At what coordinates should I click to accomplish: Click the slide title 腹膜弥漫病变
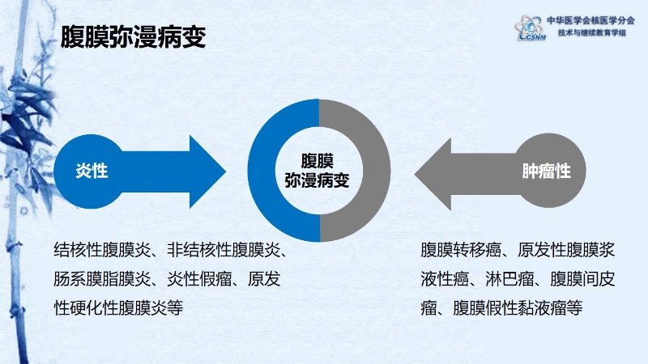(x=133, y=37)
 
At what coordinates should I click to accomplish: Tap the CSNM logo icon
(x=531, y=28)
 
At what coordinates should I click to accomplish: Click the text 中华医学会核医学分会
(x=591, y=20)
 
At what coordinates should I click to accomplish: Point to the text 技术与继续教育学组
(x=592, y=32)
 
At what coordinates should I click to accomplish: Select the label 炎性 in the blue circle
(x=92, y=171)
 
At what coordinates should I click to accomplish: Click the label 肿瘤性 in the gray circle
(x=546, y=171)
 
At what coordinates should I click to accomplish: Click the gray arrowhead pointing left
(x=433, y=174)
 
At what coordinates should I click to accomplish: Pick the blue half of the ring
(x=262, y=171)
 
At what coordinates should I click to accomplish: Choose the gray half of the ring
(x=377, y=171)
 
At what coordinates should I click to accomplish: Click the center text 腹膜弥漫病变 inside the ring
(x=317, y=171)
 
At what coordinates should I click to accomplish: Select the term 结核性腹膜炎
(x=102, y=250)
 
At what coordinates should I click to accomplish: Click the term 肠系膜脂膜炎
(x=102, y=279)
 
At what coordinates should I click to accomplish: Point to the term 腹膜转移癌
(x=461, y=250)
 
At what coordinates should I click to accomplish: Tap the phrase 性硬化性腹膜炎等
(x=118, y=308)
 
